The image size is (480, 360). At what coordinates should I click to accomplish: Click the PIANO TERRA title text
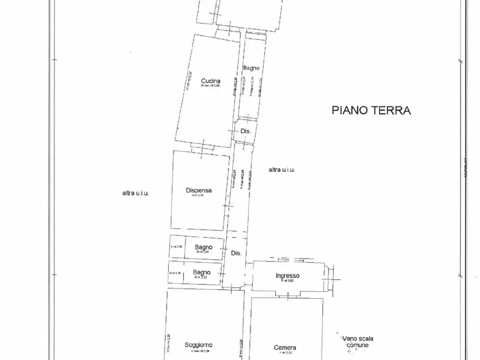point(371,111)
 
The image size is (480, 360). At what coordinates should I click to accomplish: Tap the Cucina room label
point(211,81)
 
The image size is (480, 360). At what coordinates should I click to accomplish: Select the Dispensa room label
point(199,190)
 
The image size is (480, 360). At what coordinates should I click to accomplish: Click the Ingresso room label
point(288,276)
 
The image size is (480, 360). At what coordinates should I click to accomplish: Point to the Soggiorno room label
point(198,345)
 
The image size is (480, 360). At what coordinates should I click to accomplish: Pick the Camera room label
point(285,348)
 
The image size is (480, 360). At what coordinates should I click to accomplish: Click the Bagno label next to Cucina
point(251,68)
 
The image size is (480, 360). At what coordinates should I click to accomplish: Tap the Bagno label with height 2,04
point(204,248)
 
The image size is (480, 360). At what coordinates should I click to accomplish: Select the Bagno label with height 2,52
point(202,272)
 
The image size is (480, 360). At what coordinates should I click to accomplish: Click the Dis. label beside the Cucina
point(246,131)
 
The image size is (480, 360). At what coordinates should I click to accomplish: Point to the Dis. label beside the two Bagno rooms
point(236,253)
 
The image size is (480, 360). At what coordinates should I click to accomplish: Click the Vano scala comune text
point(357,342)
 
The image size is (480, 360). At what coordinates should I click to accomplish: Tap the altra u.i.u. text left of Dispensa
point(135,193)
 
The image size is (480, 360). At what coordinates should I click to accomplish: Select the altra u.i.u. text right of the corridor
point(282,170)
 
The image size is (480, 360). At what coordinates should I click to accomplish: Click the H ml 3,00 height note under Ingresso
point(288,281)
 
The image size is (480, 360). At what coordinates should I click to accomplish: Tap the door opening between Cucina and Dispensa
point(204,147)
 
